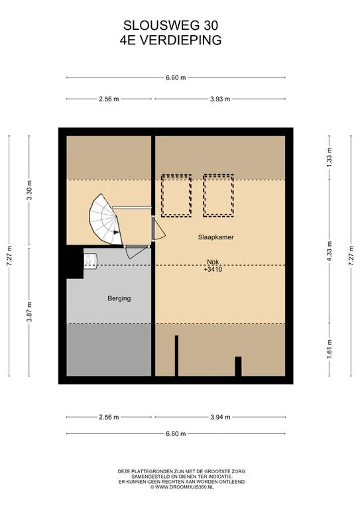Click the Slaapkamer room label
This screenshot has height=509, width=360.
[x=215, y=237]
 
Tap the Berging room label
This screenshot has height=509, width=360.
[x=119, y=298]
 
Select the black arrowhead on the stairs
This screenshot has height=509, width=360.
[x=116, y=232]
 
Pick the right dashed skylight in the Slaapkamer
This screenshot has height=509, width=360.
[x=219, y=196]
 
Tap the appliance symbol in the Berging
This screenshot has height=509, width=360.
[x=90, y=261]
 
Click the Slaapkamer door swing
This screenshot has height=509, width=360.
[x=159, y=228]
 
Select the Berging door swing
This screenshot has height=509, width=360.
[x=137, y=252]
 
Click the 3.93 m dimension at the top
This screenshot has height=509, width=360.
[x=219, y=99]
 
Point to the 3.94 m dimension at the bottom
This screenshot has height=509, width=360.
[x=220, y=417]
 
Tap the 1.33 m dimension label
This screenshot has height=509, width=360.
[x=330, y=157]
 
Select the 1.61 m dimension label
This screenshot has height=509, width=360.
[x=330, y=350]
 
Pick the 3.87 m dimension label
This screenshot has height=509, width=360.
[x=29, y=312]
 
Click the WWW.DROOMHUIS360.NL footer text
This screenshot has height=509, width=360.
[x=184, y=487]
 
